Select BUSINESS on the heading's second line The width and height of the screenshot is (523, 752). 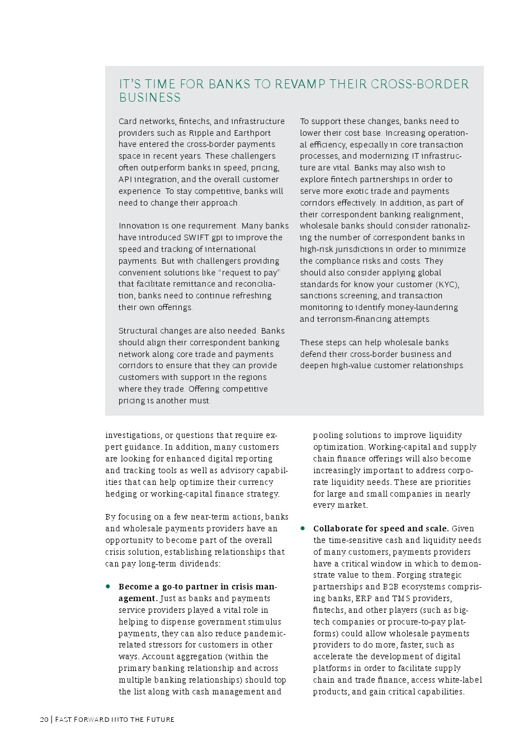pos(150,98)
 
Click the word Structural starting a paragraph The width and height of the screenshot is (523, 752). pos(138,331)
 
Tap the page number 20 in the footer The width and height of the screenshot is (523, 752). pos(44,719)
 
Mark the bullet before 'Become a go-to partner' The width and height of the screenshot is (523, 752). pos(108,587)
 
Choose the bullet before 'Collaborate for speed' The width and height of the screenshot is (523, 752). pos(303,528)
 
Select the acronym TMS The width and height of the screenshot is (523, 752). pos(400,598)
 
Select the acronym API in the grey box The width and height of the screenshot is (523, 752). pos(125,179)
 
